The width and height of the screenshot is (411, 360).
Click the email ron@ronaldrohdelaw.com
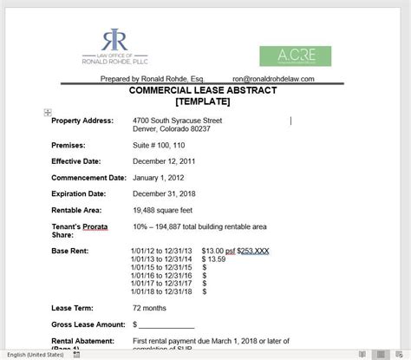click(273, 78)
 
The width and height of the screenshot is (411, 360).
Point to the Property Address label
click(82, 120)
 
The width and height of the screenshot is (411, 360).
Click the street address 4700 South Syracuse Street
click(178, 120)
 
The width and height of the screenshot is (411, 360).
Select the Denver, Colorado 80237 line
click(172, 128)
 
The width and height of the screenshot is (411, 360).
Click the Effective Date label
click(76, 160)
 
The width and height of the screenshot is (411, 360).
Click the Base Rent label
click(71, 251)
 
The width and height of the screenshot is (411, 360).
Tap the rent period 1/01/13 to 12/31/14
click(160, 259)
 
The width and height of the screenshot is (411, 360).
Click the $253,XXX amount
click(253, 251)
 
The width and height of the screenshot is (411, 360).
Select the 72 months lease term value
click(150, 307)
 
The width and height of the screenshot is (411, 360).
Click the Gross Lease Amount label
click(87, 324)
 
